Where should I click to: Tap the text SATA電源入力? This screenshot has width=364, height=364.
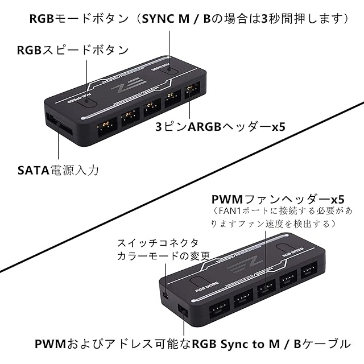(x=57, y=170)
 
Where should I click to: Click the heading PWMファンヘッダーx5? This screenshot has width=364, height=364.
(x=278, y=200)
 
